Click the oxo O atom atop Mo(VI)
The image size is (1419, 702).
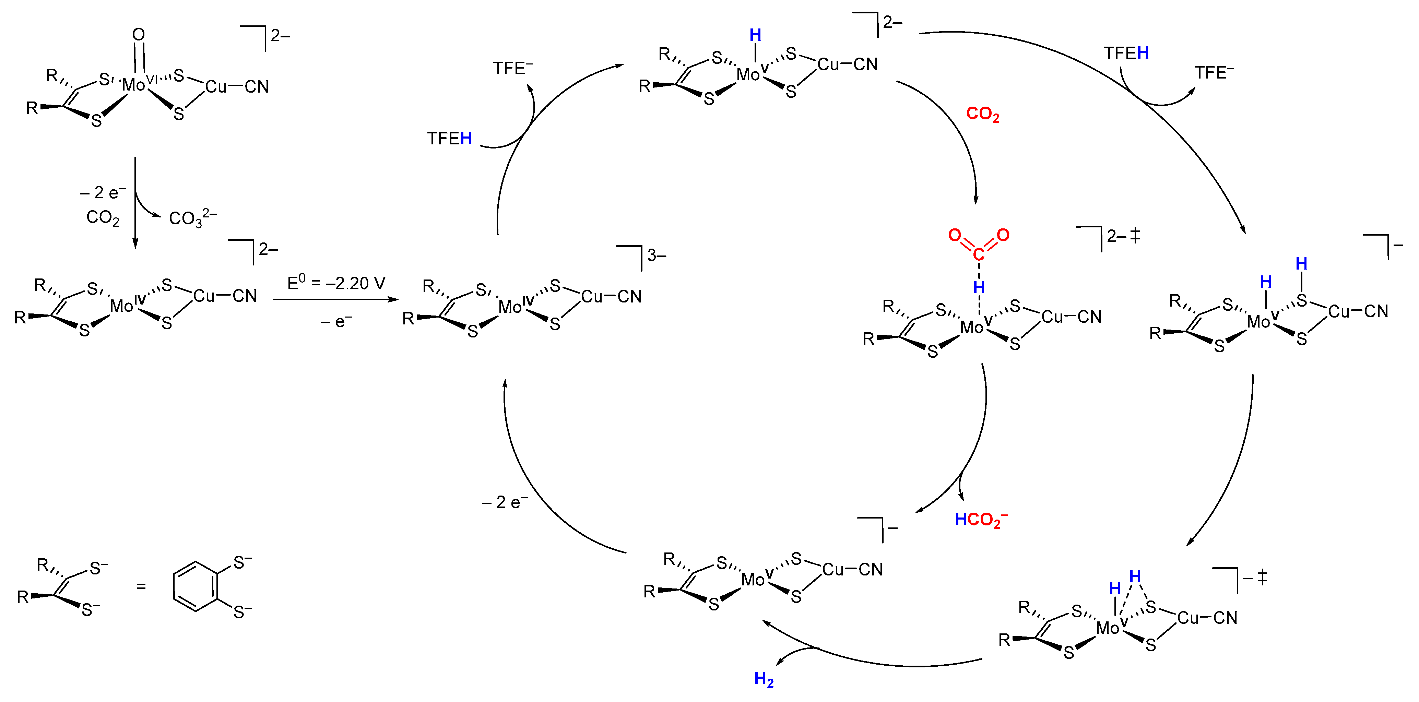pos(139,35)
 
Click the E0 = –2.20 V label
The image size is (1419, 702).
pos(336,283)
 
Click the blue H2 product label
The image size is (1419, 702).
pos(764,679)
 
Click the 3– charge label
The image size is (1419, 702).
pos(657,255)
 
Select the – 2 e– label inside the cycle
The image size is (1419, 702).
pos(504,502)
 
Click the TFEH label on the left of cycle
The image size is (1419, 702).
pos(449,138)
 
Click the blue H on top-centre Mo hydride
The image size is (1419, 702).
pos(755,36)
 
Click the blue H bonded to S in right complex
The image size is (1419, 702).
pos(1301,264)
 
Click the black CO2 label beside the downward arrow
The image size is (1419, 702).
pos(103,217)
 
